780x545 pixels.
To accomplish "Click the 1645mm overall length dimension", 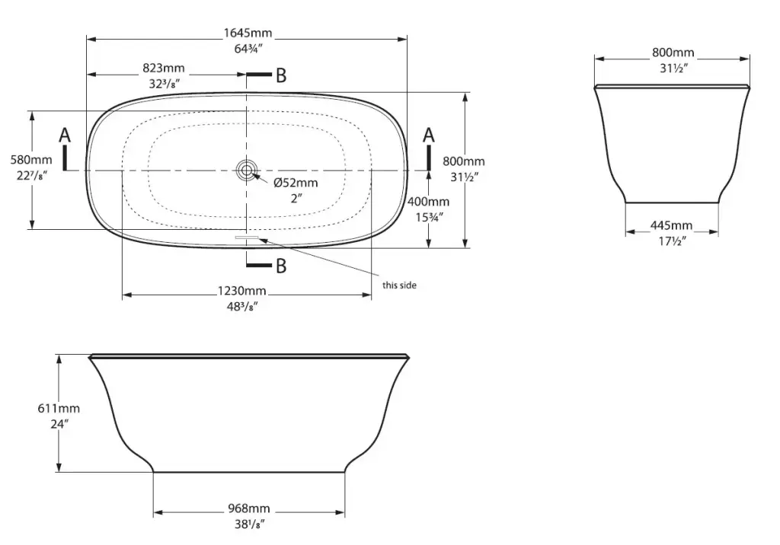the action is (248, 33).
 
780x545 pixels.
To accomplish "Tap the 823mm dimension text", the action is (164, 68).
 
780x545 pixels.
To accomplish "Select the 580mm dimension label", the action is (31, 160).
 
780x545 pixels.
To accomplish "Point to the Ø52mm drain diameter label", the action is (296, 183).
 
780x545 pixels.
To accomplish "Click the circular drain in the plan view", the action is (246, 170).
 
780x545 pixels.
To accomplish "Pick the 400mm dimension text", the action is (428, 202).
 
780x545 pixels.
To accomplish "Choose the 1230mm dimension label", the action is (241, 291).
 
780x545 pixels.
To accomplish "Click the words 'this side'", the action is (399, 285).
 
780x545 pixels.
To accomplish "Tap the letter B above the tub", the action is (281, 75).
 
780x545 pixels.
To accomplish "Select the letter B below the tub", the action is (281, 266).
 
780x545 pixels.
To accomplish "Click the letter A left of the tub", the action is (66, 135).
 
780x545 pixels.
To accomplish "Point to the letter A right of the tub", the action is (429, 135).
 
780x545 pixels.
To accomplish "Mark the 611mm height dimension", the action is (59, 408).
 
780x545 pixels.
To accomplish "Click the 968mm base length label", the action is (249, 508).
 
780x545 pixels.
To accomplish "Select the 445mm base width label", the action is (672, 225).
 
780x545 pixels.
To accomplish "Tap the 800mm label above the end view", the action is (673, 53).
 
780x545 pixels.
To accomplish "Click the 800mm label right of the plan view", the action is (464, 161).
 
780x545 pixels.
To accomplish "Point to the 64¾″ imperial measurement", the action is (248, 49).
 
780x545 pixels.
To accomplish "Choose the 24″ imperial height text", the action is (59, 424).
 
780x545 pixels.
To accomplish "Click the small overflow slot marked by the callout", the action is (247, 237).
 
